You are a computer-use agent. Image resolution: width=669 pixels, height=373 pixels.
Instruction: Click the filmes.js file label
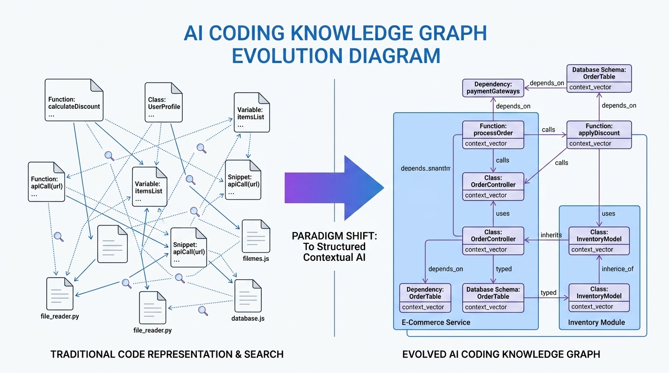256,258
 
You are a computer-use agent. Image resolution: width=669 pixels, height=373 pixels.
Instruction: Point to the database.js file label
248,319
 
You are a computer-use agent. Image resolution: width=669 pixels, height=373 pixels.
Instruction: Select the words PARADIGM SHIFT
334,236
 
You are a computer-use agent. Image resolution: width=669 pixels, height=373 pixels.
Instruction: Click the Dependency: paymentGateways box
493,87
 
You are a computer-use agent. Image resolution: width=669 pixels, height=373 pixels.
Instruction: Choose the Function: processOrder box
493,135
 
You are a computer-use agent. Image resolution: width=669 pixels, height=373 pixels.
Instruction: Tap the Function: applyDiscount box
599,135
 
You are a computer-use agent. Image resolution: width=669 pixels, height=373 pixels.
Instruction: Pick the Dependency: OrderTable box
424,298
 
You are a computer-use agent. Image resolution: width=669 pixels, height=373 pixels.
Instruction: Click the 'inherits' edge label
551,235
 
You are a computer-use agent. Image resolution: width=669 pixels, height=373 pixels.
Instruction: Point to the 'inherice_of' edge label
617,269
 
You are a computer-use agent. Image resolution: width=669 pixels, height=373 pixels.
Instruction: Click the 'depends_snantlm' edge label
425,169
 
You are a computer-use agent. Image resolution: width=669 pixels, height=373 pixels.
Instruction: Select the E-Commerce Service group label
436,322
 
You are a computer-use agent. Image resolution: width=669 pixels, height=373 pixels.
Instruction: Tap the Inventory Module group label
596,322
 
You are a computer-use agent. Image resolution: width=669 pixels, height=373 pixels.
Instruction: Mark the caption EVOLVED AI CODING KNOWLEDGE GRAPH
501,355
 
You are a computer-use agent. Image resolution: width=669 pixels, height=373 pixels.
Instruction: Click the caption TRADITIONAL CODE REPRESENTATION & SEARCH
167,355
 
